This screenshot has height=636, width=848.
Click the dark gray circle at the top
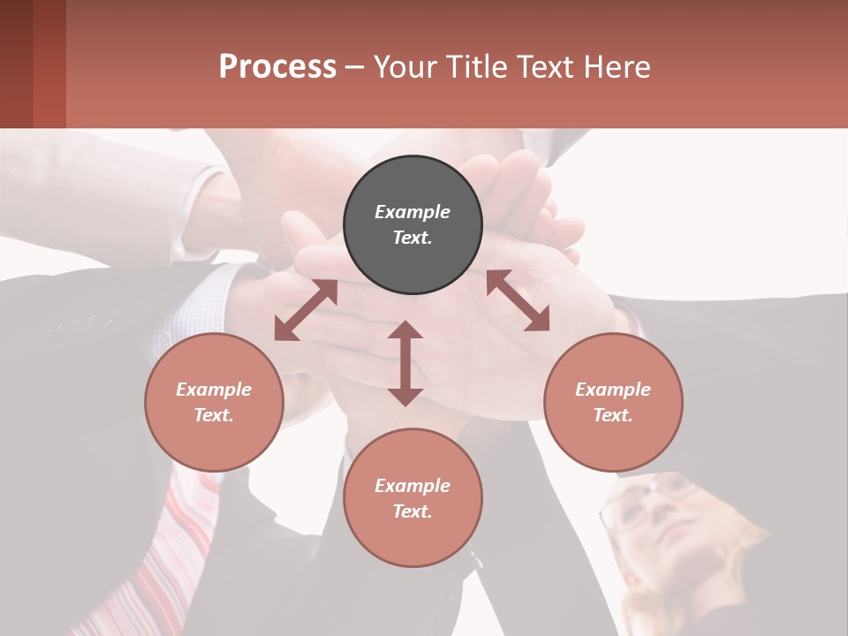pos(413,225)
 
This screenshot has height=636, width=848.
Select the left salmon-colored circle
pos(214,402)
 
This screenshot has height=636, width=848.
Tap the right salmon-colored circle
pos(613,402)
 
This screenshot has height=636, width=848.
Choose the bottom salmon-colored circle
pos(413,498)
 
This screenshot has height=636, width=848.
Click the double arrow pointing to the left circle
pos(306,310)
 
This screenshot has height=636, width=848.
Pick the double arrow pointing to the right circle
pos(519,300)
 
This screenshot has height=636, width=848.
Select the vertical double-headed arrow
pos(405,363)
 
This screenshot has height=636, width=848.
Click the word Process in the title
pos(277,66)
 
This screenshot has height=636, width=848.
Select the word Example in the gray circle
pos(413,212)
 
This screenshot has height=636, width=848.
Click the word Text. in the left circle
pos(214,415)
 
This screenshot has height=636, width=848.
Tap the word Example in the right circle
pos(613,390)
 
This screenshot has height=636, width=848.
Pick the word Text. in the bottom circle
pos(413,511)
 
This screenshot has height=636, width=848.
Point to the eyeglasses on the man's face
pos(645,503)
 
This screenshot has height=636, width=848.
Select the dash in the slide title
pos(355,67)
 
